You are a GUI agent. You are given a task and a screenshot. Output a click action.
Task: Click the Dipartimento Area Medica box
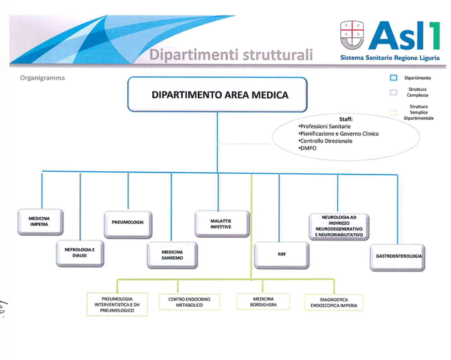point(218,94)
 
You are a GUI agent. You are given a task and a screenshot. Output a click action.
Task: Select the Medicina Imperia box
point(40,222)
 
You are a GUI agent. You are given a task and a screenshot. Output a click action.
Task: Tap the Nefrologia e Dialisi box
point(80,254)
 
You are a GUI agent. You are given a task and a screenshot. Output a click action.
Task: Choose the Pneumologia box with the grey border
point(128,225)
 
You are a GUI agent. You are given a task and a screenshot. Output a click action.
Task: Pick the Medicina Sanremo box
point(173,255)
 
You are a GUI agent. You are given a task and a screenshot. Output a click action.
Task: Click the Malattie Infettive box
point(222,224)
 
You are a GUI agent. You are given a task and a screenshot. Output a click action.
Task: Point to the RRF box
point(282,256)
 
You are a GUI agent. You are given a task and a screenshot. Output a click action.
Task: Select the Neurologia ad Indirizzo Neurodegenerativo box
point(339,226)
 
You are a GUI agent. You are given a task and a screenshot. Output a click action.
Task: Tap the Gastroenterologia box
point(397,258)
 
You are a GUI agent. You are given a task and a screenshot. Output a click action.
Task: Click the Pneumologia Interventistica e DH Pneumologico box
point(117,305)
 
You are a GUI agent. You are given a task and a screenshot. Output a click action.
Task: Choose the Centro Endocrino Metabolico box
point(189,302)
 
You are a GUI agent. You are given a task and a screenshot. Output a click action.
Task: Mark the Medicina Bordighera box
point(263,301)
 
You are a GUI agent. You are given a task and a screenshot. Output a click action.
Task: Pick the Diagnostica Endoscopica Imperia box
point(334,303)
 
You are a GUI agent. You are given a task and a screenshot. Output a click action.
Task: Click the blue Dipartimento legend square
point(394,78)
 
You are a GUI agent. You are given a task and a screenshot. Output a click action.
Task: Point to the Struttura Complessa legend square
point(394,92)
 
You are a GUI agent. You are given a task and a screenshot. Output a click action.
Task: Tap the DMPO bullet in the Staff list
point(308,148)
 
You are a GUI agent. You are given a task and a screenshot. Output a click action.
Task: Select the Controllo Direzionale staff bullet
point(325,141)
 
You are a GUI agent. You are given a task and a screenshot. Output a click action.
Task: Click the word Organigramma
point(42,78)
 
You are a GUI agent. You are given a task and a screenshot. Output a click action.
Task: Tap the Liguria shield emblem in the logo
point(352,35)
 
